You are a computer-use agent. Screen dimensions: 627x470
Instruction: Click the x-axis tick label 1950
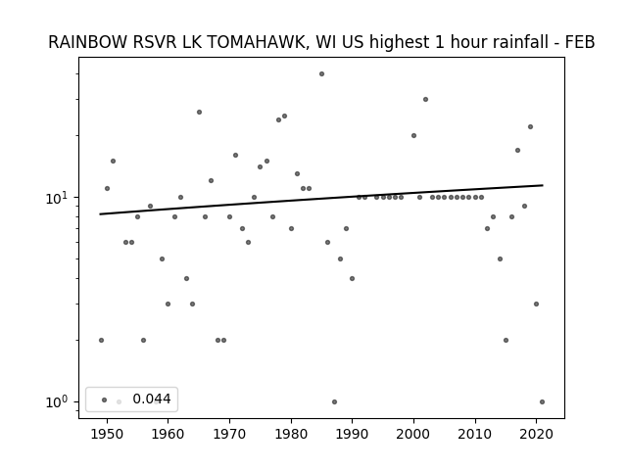tap(107, 434)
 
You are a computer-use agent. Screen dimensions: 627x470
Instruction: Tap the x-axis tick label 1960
tap(168, 434)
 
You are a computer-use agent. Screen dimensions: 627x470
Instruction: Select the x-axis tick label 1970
tap(229, 434)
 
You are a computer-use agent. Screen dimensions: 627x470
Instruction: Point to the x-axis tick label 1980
tap(291, 434)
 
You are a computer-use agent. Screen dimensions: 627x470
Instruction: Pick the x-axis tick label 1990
tap(353, 434)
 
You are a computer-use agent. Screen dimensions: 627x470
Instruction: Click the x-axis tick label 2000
tap(413, 434)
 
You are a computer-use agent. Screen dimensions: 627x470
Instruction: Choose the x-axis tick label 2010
tap(475, 434)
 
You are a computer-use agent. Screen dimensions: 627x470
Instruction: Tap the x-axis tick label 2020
tap(537, 434)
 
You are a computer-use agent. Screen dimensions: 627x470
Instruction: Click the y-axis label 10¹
tap(58, 198)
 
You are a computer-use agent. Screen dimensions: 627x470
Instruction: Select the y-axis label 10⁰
tap(58, 401)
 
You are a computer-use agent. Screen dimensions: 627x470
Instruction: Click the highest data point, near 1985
tap(321, 74)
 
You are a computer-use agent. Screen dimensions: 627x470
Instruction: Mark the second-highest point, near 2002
tap(425, 99)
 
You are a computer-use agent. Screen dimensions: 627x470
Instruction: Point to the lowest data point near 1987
tap(334, 401)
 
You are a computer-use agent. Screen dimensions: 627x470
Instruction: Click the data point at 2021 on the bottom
tap(542, 401)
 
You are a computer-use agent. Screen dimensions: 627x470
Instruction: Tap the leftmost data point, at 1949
tap(101, 340)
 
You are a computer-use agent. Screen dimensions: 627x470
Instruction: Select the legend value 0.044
tap(152, 399)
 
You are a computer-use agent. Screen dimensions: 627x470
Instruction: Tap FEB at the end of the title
tap(580, 42)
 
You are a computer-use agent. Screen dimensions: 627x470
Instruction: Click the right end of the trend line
tap(543, 185)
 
